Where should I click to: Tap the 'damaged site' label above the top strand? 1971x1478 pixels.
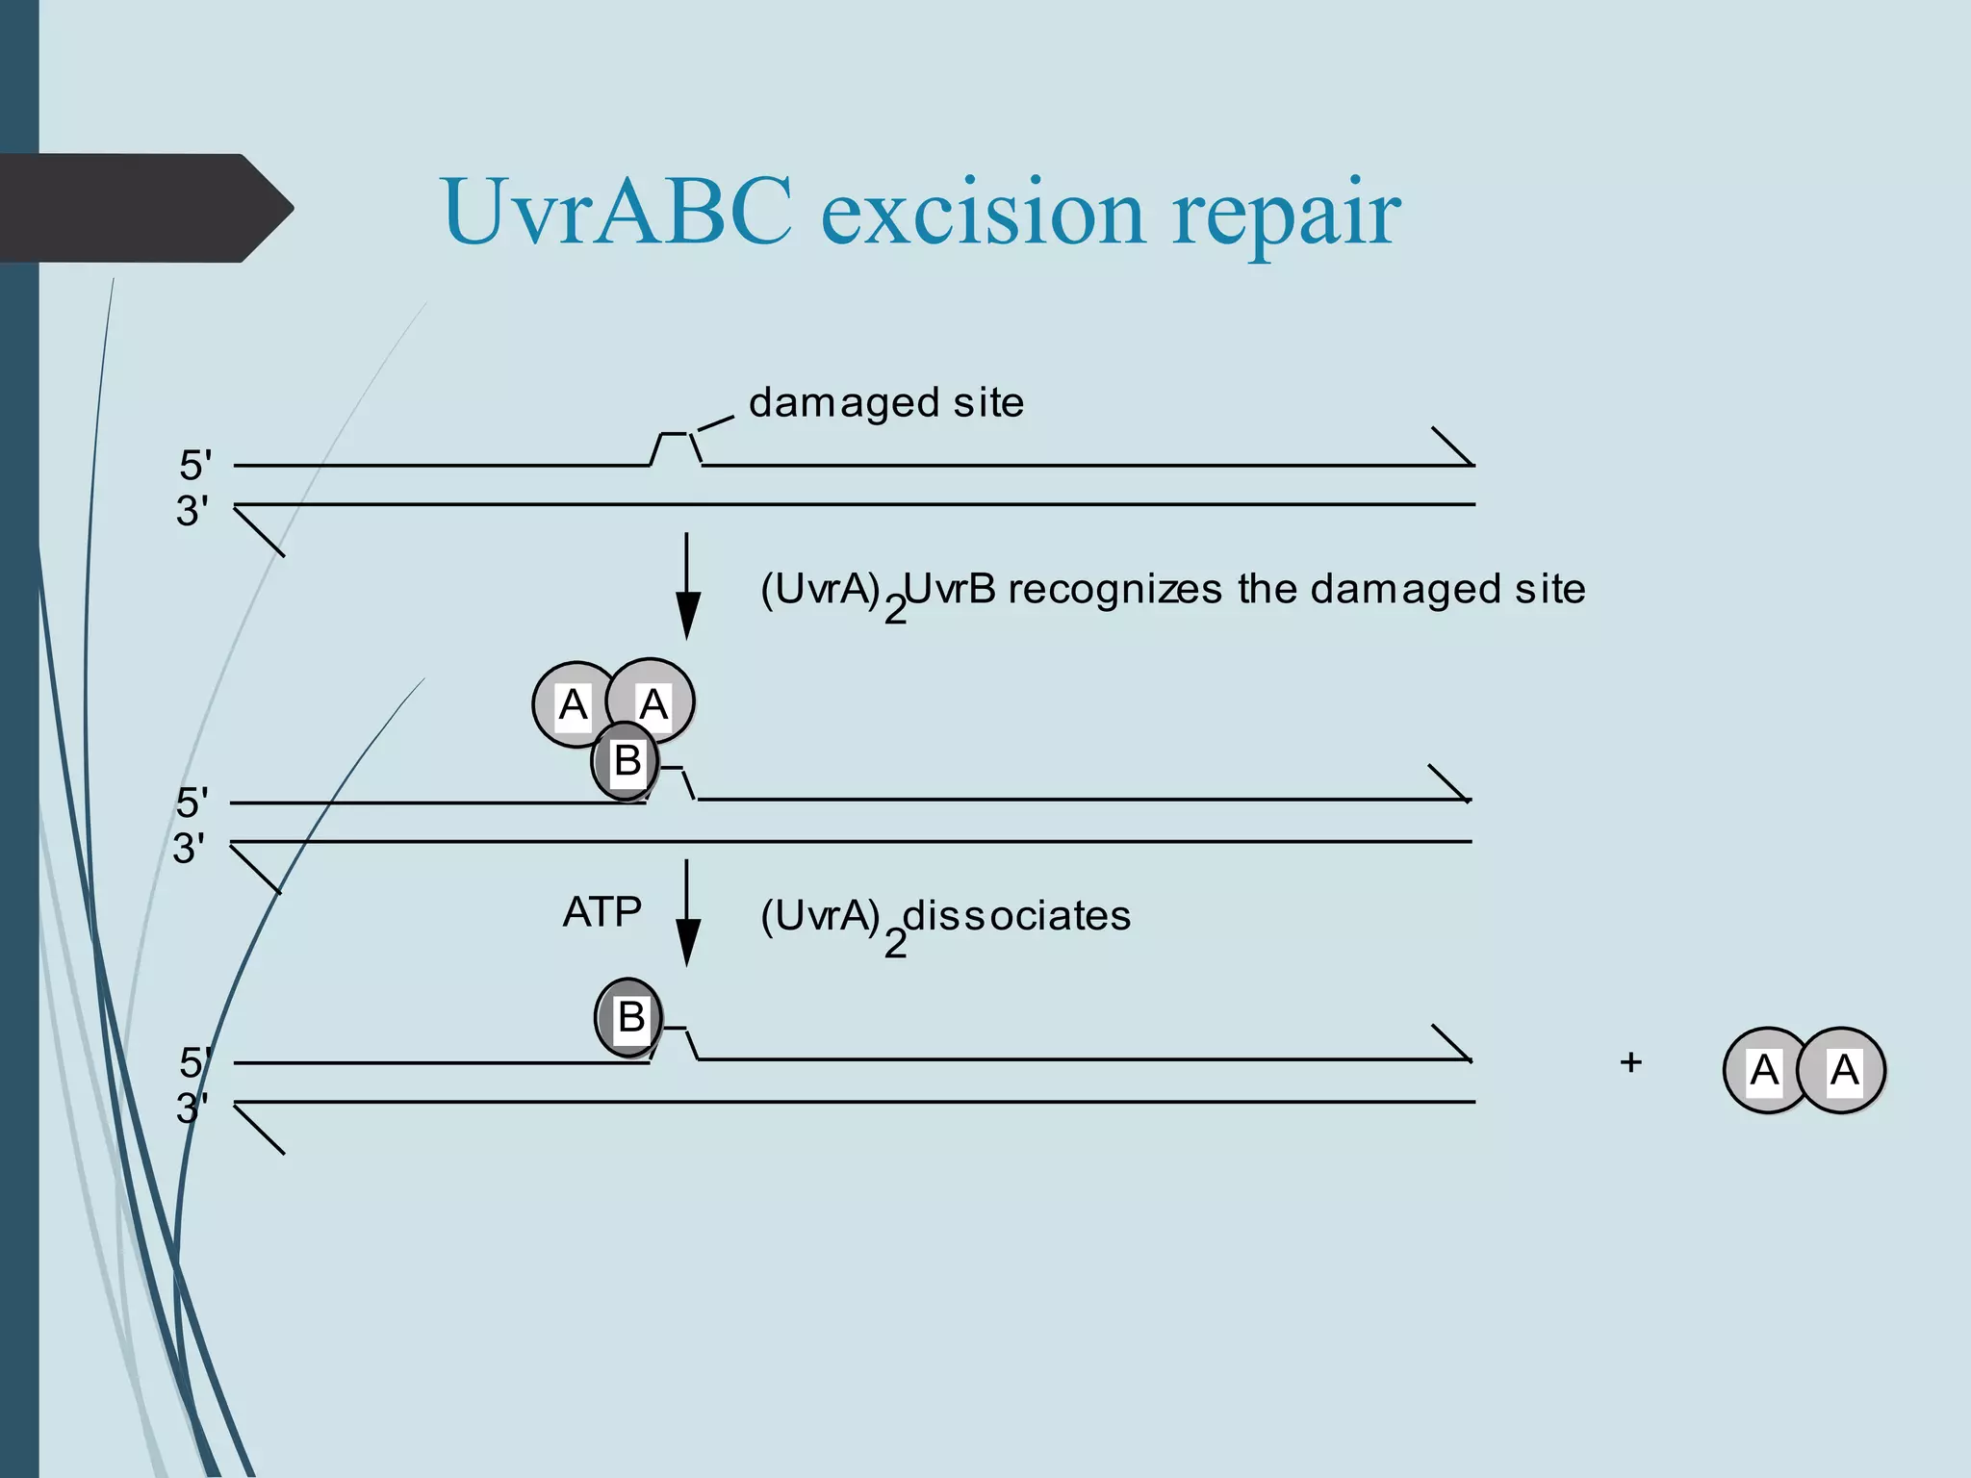[885, 402]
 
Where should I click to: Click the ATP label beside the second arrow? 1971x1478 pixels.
[602, 911]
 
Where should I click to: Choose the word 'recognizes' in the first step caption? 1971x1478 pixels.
[1114, 589]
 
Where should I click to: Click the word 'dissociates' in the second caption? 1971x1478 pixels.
[1016, 915]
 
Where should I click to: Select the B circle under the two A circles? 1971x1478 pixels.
[626, 761]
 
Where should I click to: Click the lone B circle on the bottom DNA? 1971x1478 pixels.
[629, 1017]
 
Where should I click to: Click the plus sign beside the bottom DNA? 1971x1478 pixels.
[1630, 1062]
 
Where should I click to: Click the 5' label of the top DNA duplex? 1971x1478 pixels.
[195, 466]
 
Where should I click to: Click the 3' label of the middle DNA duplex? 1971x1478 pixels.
[189, 849]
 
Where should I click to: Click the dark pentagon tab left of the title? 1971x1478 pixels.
[144, 208]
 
